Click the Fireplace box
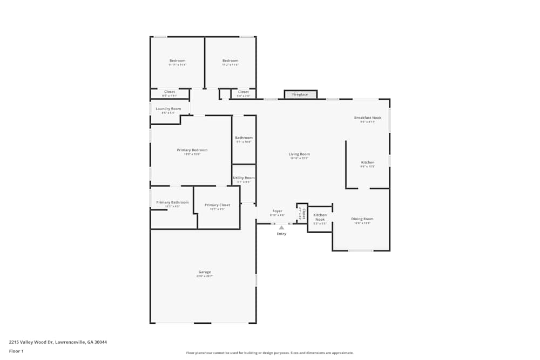pyautogui.click(x=300, y=94)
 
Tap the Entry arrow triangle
pyautogui.click(x=281, y=228)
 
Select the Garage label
pyautogui.click(x=204, y=272)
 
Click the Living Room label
pyautogui.click(x=299, y=154)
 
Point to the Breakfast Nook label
pyautogui.click(x=367, y=118)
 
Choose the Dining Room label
pyautogui.click(x=362, y=219)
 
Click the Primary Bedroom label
pyautogui.click(x=192, y=150)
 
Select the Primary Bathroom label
pyautogui.click(x=172, y=202)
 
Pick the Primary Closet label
pyautogui.click(x=217, y=205)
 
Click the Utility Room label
pyautogui.click(x=244, y=178)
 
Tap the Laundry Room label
pyautogui.click(x=168, y=109)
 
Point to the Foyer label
pyautogui.click(x=277, y=211)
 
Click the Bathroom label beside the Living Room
pyautogui.click(x=244, y=138)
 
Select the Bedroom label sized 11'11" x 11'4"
pyautogui.click(x=177, y=60)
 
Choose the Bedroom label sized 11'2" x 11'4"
pyautogui.click(x=230, y=60)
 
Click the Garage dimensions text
pyautogui.click(x=204, y=276)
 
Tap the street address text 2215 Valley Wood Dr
pyautogui.click(x=58, y=342)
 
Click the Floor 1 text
pyautogui.click(x=16, y=351)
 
